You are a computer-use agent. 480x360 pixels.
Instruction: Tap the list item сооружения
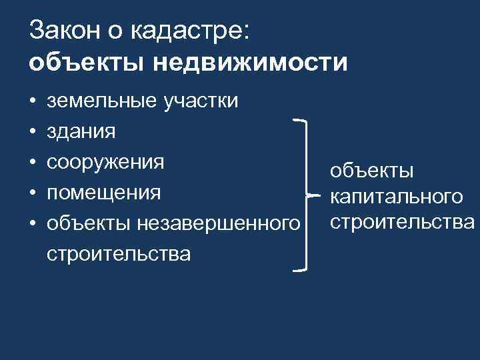[105, 163]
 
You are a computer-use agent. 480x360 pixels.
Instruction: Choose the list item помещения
[104, 193]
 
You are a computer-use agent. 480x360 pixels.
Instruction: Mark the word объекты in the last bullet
[89, 224]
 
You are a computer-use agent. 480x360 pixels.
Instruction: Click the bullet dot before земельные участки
[32, 102]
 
